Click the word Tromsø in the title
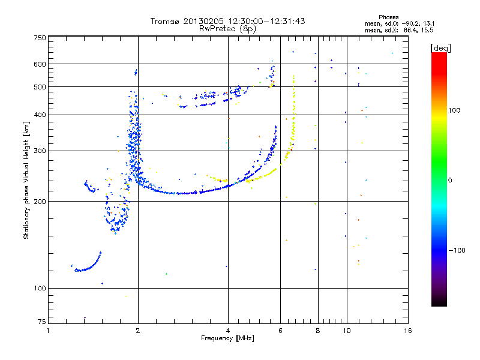click(x=166, y=21)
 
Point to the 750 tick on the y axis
click(x=40, y=37)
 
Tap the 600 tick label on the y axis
click(x=40, y=64)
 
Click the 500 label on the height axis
click(x=40, y=87)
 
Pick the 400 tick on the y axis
click(x=40, y=115)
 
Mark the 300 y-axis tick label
click(x=40, y=151)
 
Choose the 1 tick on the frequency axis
click(x=48, y=331)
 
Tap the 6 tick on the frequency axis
click(x=281, y=331)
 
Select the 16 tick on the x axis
click(x=408, y=331)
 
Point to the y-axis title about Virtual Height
click(x=26, y=180)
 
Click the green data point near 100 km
click(x=167, y=274)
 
